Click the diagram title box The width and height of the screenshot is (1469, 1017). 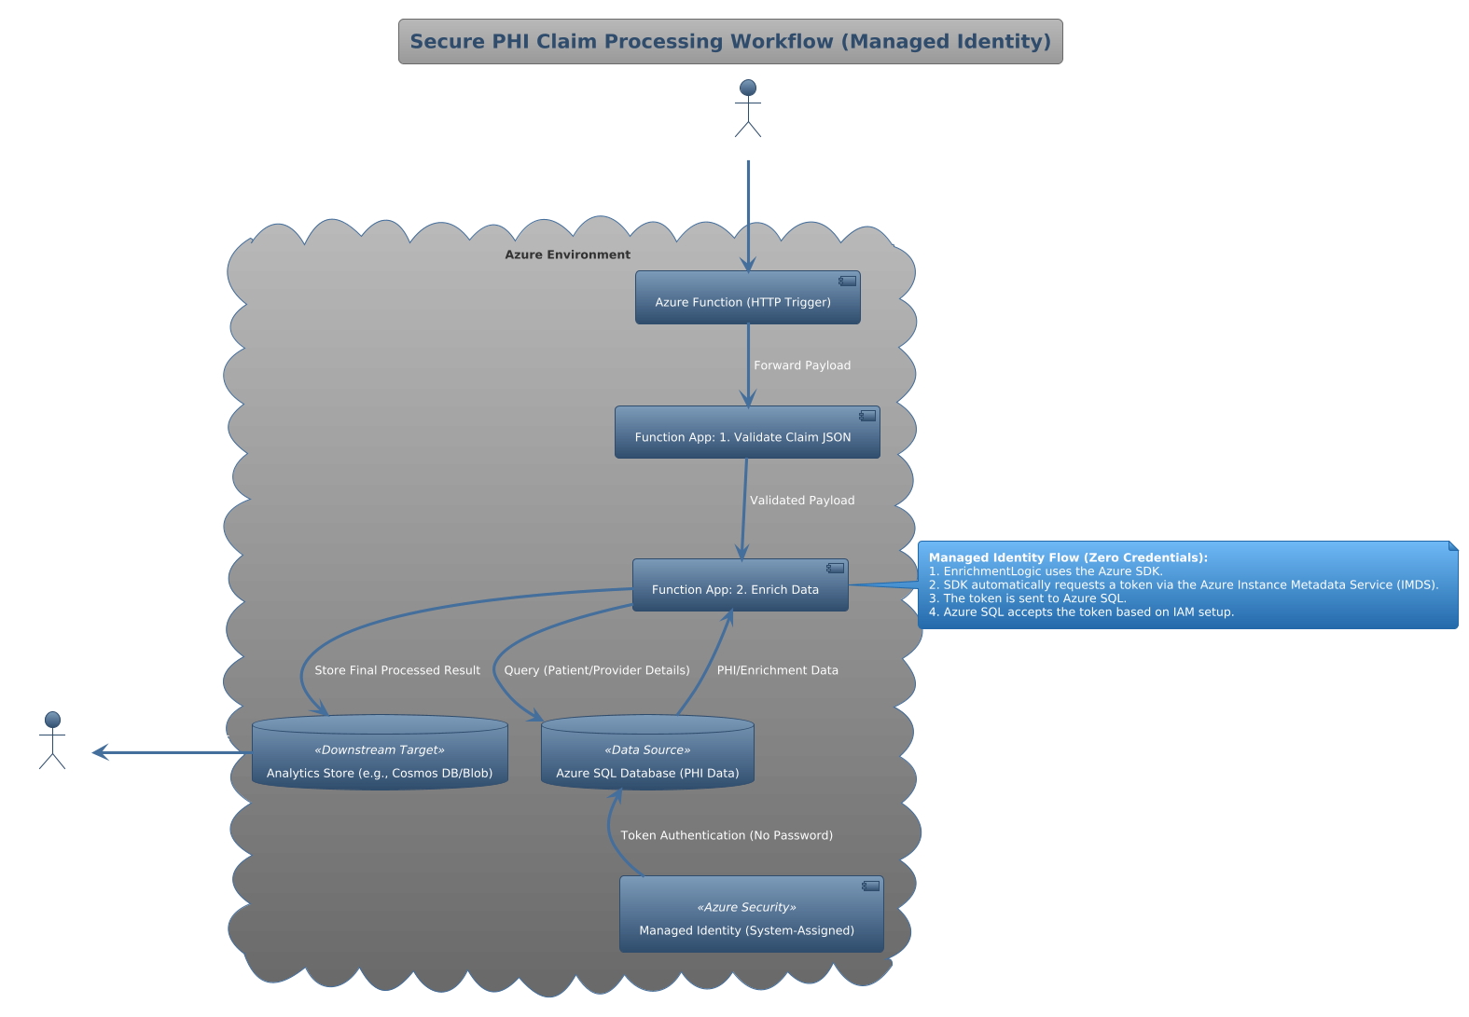tap(730, 42)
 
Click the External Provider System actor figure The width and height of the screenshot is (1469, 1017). tap(747, 109)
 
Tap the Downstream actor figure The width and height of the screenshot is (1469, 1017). tap(52, 741)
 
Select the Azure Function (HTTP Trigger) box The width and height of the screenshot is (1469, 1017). tap(747, 298)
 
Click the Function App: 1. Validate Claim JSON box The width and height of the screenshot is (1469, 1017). tap(746, 433)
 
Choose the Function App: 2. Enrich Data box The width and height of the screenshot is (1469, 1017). tap(740, 585)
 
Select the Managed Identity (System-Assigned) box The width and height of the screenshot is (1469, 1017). tap(751, 914)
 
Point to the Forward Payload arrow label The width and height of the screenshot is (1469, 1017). tap(802, 365)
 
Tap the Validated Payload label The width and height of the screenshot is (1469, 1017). tap(802, 501)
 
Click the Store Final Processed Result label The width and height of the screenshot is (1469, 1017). tap(397, 670)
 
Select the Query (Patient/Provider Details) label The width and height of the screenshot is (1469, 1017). tap(597, 670)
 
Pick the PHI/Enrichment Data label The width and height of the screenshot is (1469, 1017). tap(777, 670)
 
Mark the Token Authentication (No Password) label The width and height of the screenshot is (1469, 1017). tap(727, 835)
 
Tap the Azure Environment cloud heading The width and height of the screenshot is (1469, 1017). tap(567, 254)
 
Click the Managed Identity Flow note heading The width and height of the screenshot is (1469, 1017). tap(1068, 557)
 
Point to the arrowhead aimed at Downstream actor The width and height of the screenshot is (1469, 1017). tap(99, 752)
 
